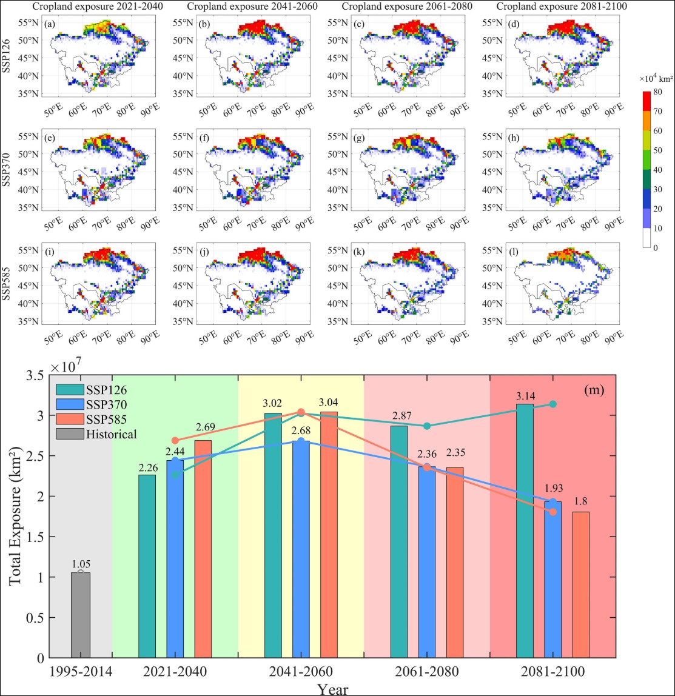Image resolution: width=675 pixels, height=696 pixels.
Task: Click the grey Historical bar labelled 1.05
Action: pyautogui.click(x=81, y=615)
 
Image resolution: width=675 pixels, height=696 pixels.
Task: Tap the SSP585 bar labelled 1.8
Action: pyautogui.click(x=581, y=584)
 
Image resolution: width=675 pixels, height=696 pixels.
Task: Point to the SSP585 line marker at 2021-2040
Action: pyautogui.click(x=176, y=440)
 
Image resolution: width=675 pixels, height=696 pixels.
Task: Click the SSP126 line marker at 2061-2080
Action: pyautogui.click(x=427, y=426)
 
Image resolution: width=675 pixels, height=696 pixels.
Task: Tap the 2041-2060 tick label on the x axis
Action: pyautogui.click(x=301, y=672)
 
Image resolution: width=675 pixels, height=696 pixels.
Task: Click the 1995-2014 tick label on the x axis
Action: pyautogui.click(x=81, y=672)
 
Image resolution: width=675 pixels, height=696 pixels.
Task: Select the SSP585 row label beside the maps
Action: pyautogui.click(x=7, y=283)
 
